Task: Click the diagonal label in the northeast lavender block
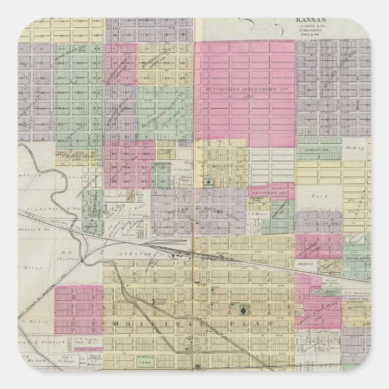tap(339, 73)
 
